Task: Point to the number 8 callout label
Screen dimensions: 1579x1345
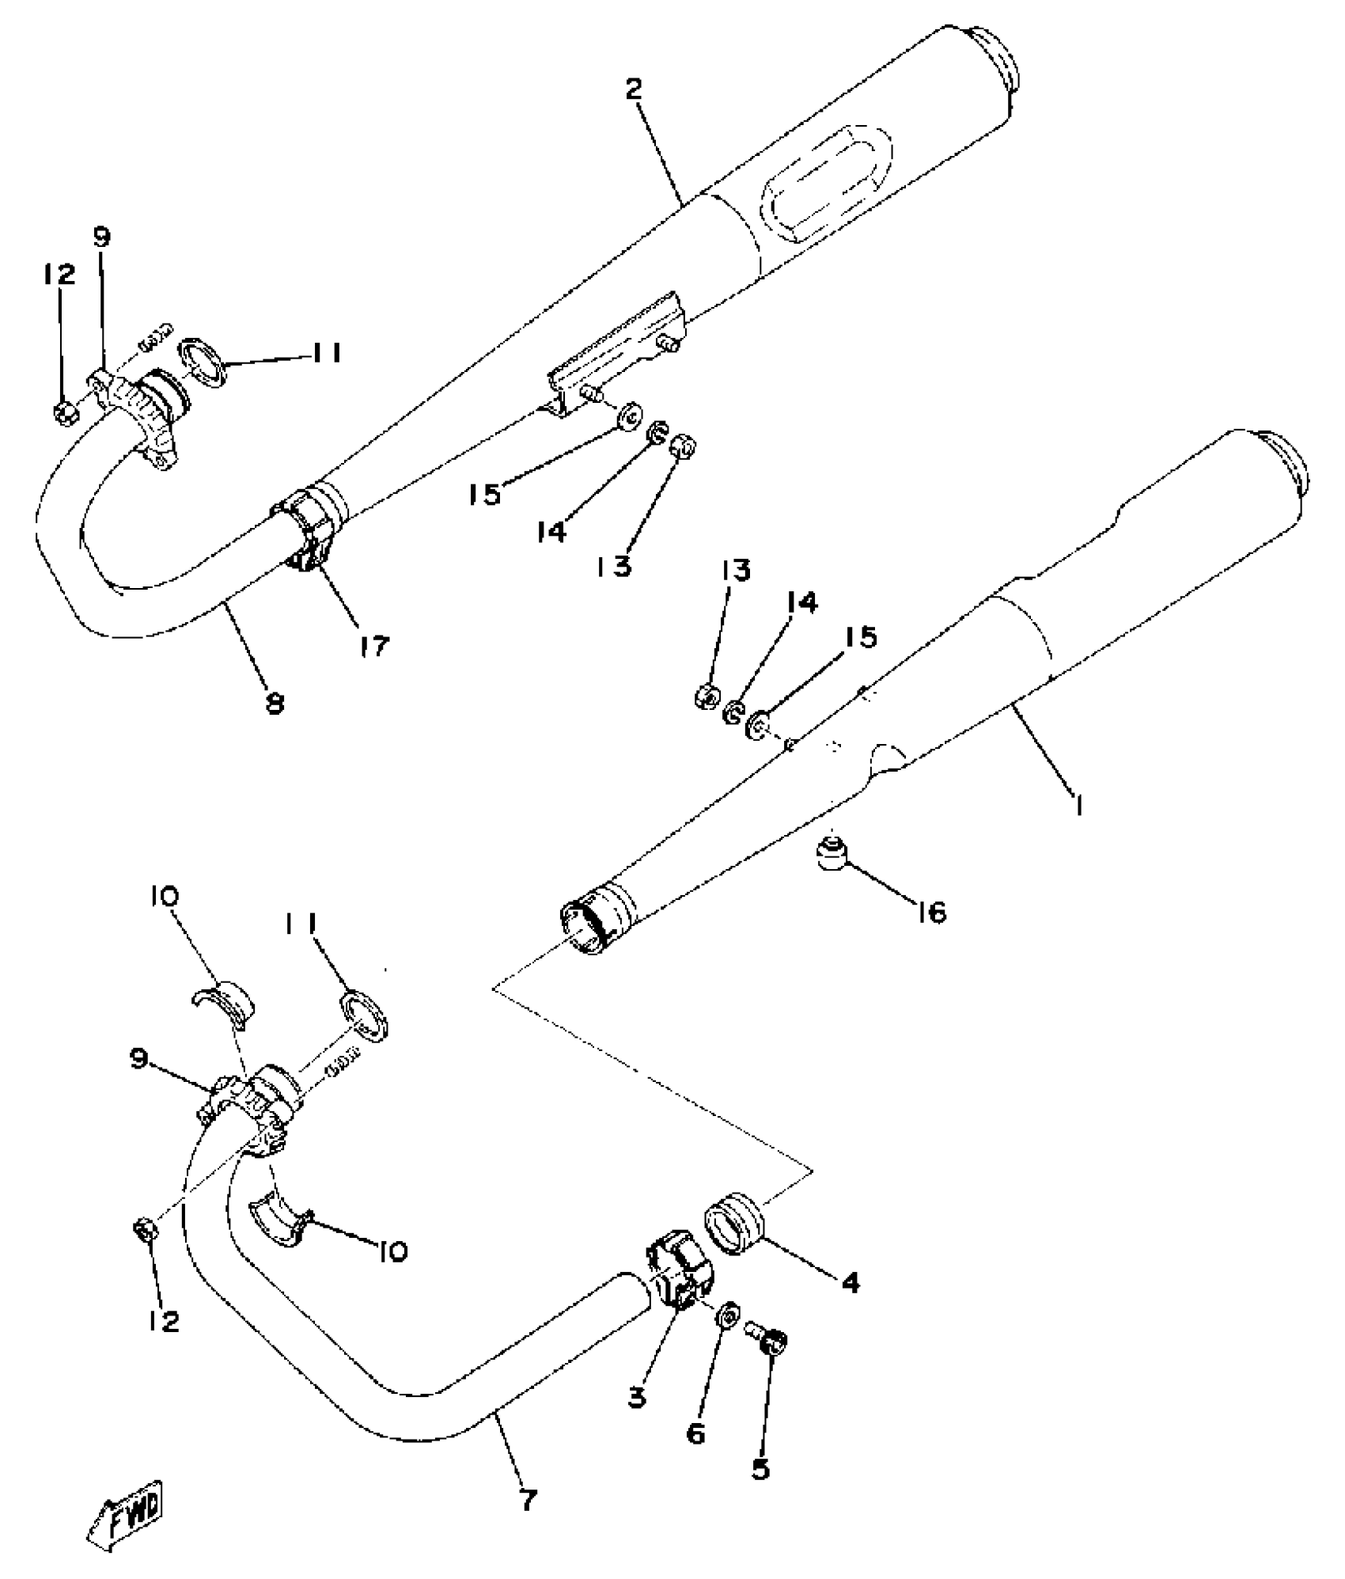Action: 275,704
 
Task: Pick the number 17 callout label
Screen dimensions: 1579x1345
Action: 374,646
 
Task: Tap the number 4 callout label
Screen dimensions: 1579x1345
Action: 850,1283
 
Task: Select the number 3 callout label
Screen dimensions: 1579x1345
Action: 638,1398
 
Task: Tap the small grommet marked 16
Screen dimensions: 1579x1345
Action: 832,854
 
